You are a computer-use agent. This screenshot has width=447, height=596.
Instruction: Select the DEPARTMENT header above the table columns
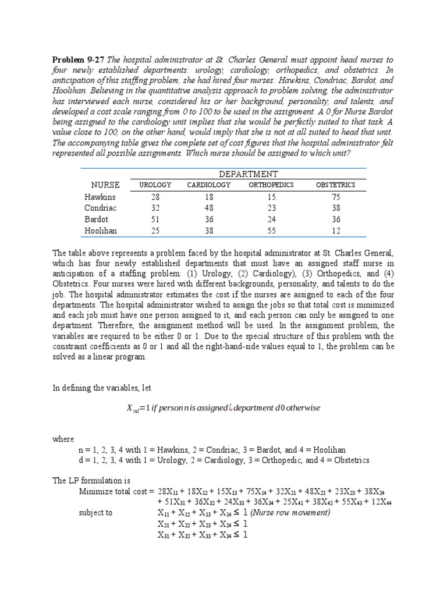pyautogui.click(x=248, y=174)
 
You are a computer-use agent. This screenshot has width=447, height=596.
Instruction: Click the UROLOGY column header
pyautogui.click(x=155, y=185)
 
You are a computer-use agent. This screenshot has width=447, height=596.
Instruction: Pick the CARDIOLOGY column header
pyautogui.click(x=209, y=185)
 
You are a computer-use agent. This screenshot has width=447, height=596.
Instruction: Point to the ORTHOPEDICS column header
pyautogui.click(x=271, y=185)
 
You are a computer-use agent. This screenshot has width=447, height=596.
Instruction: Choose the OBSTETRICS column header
pyautogui.click(x=335, y=185)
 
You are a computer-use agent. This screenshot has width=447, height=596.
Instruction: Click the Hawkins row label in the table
pyautogui.click(x=100, y=197)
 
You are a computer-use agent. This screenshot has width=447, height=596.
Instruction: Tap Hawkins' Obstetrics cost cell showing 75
pyautogui.click(x=335, y=197)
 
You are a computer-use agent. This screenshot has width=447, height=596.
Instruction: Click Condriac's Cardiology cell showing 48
pyautogui.click(x=209, y=208)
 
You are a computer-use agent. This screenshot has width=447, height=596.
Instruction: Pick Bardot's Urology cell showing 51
pyautogui.click(x=155, y=219)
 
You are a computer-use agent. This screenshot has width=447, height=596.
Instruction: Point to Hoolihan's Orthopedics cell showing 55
pyautogui.click(x=271, y=230)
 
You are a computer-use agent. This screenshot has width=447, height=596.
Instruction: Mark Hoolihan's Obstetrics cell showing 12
pyautogui.click(x=335, y=230)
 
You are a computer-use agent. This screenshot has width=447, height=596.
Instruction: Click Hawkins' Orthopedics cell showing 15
pyautogui.click(x=271, y=197)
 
